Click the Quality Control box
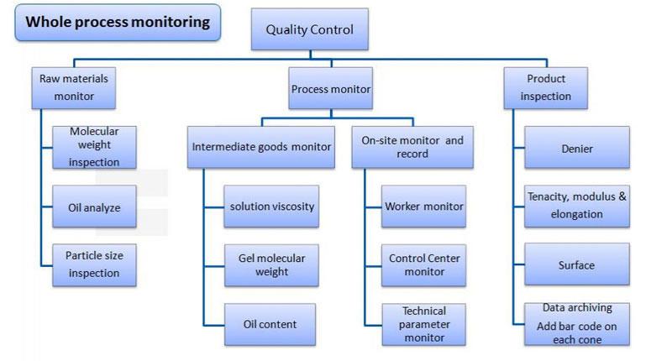[309, 29]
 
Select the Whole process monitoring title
[118, 23]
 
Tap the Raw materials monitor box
[74, 88]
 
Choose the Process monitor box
[331, 88]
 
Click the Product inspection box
[545, 88]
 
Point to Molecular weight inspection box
[94, 147]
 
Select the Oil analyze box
[94, 207]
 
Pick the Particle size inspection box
[94, 265]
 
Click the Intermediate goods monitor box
[261, 147]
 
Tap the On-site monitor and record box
[412, 147]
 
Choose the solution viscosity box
[271, 207]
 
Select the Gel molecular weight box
[271, 265]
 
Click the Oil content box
[270, 325]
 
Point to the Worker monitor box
[424, 207]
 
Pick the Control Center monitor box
[424, 265]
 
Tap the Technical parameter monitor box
[424, 325]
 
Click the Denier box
[577, 147]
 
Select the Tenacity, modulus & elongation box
[577, 207]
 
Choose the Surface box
[577, 264]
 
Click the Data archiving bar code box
[577, 324]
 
